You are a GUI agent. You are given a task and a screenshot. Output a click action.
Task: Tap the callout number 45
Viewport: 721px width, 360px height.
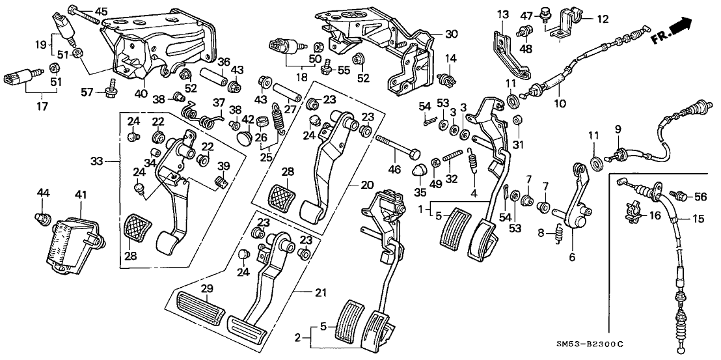(x=102, y=11)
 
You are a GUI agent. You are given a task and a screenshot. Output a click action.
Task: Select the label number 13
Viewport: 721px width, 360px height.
(x=502, y=14)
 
